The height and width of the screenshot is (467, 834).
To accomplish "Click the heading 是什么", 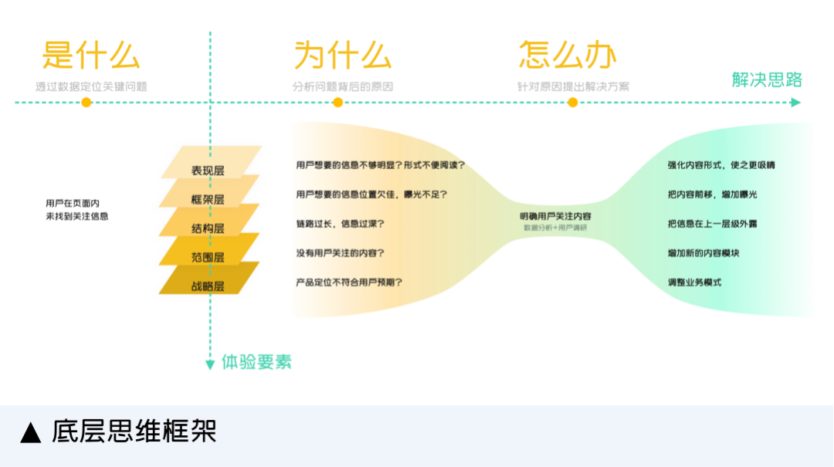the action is click(91, 56).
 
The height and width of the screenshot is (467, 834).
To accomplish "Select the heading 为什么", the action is click(342, 56).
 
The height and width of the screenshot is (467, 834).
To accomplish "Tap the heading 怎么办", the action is click(568, 56).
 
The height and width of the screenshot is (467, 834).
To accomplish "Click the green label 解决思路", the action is click(767, 80).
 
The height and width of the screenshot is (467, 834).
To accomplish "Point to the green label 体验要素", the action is click(256, 361).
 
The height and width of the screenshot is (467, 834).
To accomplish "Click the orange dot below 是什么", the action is click(86, 102).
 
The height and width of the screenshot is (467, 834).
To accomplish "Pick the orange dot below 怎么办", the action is click(572, 102).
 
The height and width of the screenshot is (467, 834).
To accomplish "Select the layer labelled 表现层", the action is click(208, 170).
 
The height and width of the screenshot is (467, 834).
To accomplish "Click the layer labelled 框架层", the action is click(208, 199).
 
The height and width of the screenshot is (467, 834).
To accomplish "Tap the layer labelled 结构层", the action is click(208, 228).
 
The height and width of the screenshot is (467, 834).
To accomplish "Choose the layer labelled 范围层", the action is click(208, 256).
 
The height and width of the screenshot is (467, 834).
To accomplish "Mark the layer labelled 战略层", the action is click(208, 286).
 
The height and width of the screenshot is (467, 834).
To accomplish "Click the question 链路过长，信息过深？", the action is click(340, 224).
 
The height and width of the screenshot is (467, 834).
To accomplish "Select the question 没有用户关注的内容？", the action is click(341, 252).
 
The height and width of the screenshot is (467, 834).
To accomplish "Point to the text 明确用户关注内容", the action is click(555, 216).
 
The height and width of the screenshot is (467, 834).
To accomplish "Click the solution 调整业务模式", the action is click(694, 283).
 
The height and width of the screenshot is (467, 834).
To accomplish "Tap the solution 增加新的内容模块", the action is click(703, 252).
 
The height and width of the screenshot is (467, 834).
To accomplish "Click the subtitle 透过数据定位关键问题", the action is click(91, 86).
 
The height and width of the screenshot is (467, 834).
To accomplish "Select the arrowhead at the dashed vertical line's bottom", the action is click(209, 364).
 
